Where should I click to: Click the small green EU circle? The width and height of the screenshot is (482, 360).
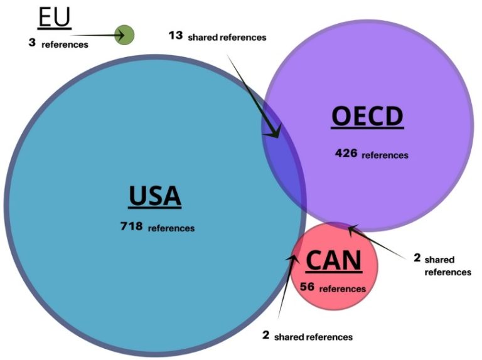(x=125, y=34)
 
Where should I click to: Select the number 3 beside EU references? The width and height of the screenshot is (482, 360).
(x=31, y=43)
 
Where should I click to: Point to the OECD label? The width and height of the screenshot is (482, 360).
(x=367, y=117)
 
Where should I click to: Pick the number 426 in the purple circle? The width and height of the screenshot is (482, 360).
(x=346, y=152)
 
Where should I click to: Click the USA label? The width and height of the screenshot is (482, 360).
(x=155, y=196)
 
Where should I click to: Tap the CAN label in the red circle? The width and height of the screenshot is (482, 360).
(x=333, y=260)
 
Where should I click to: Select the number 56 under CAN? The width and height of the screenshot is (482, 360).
(x=308, y=287)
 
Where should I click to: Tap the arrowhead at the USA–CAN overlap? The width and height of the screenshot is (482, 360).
(x=294, y=257)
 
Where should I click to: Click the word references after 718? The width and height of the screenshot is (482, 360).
(x=171, y=227)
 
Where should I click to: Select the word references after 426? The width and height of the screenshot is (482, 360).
(x=385, y=154)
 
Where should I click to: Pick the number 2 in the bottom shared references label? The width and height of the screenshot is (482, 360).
(x=265, y=335)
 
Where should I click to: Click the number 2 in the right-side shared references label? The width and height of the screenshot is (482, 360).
(x=417, y=257)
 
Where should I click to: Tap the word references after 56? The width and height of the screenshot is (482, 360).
(x=342, y=289)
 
